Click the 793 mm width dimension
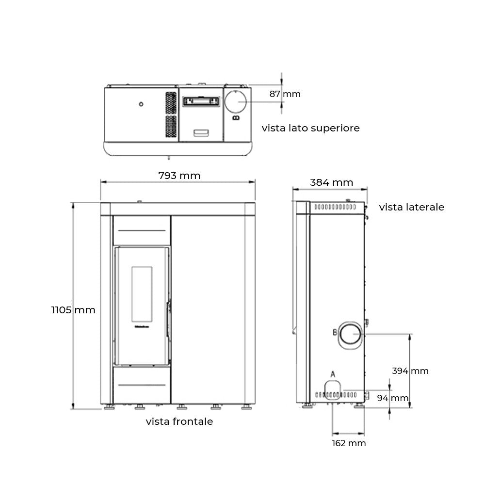click(179, 176)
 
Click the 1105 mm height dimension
click(74, 309)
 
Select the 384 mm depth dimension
click(331, 182)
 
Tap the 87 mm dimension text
click(285, 94)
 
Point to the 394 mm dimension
click(410, 371)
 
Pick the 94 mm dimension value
click(393, 398)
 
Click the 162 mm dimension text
click(349, 443)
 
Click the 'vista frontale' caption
click(179, 421)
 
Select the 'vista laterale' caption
click(411, 207)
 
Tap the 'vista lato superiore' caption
click(310, 128)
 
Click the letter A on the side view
click(333, 374)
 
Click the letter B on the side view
click(334, 333)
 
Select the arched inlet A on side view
click(333, 388)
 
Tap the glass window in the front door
click(142, 294)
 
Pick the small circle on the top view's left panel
click(141, 104)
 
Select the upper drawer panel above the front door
click(142, 230)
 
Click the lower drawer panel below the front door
click(142, 385)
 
